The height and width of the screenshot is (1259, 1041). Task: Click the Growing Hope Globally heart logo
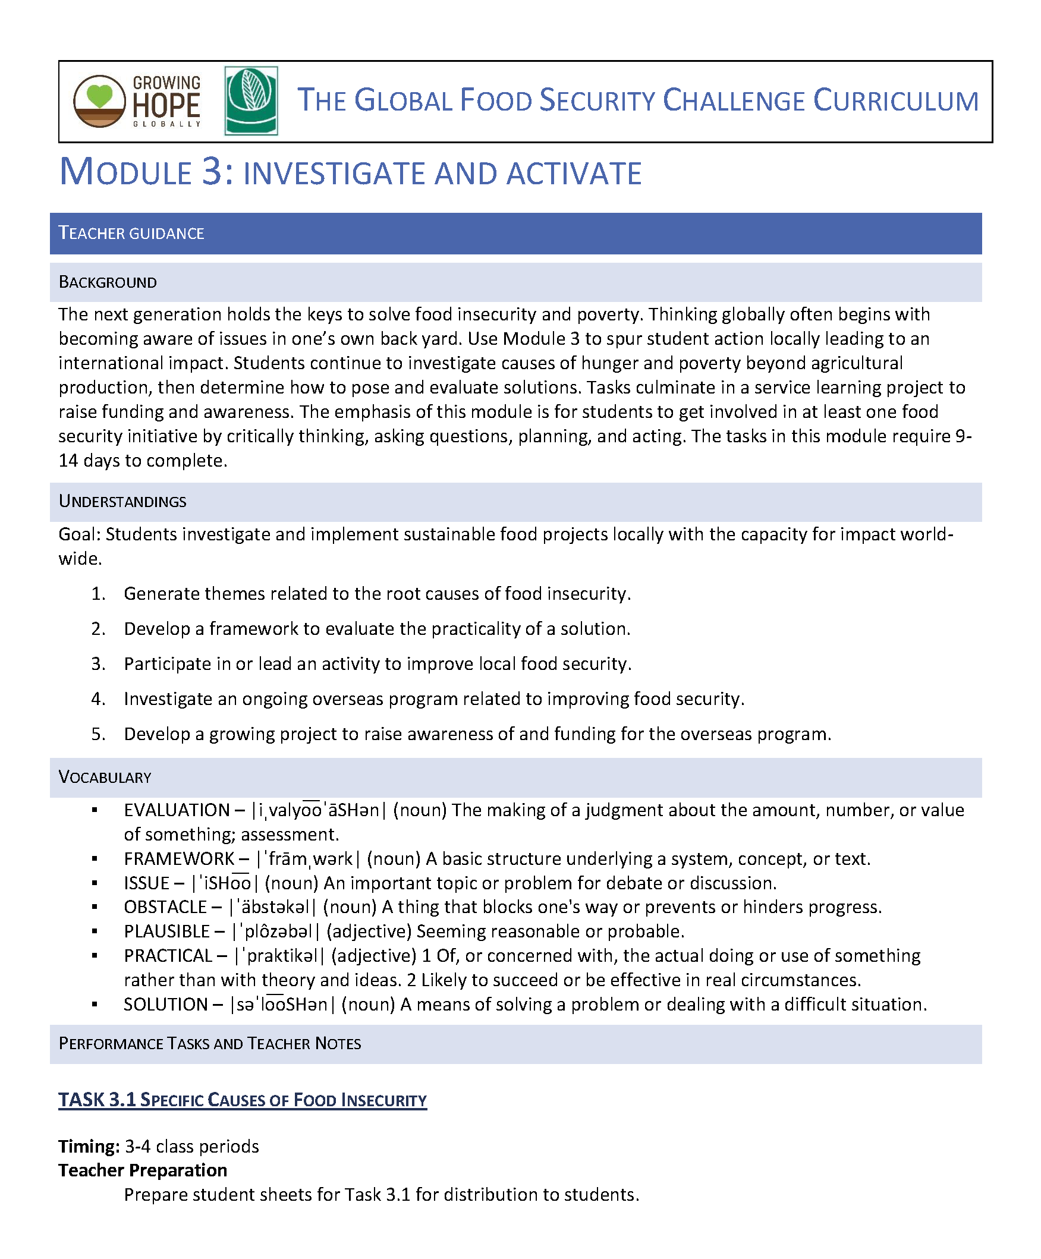click(99, 100)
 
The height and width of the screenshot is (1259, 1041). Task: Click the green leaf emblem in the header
click(251, 100)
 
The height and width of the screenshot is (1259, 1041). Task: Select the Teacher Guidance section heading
click(131, 233)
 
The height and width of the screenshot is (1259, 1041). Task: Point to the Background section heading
click(108, 282)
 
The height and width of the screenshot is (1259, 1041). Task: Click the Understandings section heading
click(122, 502)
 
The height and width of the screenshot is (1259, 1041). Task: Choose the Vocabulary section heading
click(105, 778)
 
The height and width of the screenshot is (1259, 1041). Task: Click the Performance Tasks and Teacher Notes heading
click(210, 1044)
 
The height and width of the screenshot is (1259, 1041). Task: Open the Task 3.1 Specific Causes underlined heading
click(242, 1100)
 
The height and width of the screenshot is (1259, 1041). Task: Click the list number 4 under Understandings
click(98, 699)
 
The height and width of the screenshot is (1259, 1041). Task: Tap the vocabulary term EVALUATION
click(177, 811)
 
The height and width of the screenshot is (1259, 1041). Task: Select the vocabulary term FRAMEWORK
click(179, 859)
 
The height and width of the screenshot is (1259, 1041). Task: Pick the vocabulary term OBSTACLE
click(165, 907)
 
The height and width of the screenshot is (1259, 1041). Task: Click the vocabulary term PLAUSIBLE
click(166, 931)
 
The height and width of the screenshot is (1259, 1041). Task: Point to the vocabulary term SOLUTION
click(165, 1004)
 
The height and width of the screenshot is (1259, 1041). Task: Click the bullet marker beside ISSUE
click(95, 884)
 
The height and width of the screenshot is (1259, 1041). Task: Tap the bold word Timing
click(89, 1147)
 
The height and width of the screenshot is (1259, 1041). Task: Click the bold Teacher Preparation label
click(143, 1170)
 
